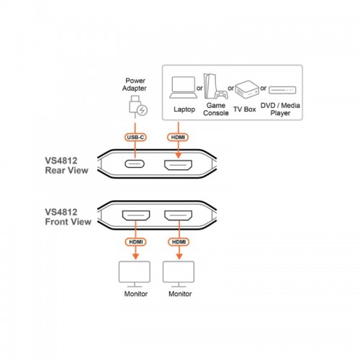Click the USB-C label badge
coord(135,138)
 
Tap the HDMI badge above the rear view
coord(178,138)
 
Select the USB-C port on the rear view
coord(135,164)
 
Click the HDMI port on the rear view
coord(178,165)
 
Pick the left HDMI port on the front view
coord(136,215)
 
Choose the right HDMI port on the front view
coord(179,215)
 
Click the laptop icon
coord(184,87)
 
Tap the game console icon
coord(215,86)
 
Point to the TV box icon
coord(247,89)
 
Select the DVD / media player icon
coord(282,90)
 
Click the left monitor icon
coord(135,274)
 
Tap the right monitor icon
coord(179,274)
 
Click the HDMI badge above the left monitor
coord(136,242)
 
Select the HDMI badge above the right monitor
coord(179,242)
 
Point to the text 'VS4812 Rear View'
coord(66,166)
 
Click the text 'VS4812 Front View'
coord(68,217)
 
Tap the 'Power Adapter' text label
coord(135,84)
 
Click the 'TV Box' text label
coord(245,109)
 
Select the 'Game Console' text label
coord(216,109)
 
